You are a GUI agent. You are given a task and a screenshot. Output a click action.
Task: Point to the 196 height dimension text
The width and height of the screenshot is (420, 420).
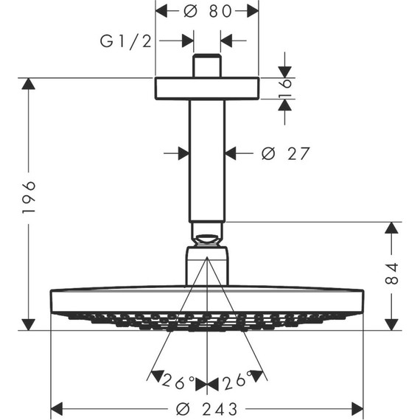pos(29,197)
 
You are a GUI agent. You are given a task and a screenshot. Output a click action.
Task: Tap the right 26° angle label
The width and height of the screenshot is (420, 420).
pos(235,382)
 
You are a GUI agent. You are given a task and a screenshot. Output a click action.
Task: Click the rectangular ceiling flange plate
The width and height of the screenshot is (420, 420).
pos(206,88)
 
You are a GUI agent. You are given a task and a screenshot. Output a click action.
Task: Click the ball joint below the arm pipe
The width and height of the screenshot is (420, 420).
pos(206,236)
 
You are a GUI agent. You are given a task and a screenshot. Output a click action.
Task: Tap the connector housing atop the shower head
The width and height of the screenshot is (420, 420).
pos(206,267)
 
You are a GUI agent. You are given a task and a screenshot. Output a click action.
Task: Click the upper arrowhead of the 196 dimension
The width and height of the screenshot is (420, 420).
pos(29,83)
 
